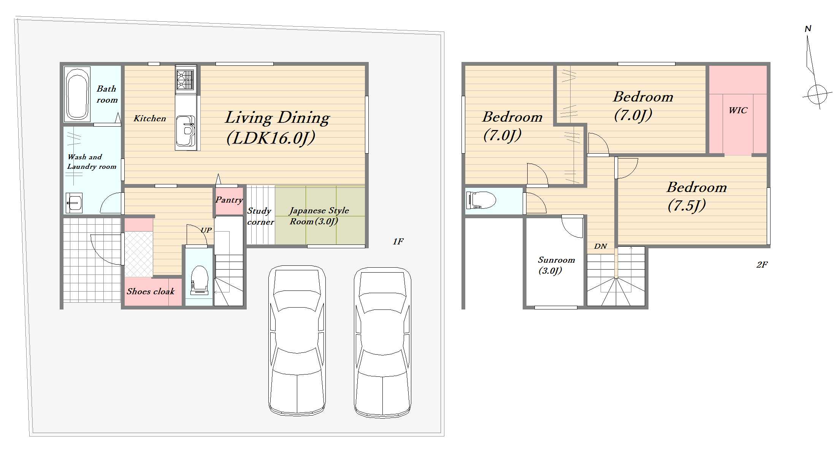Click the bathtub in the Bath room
(x=77, y=94)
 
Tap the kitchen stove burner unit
(x=186, y=79)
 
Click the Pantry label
(x=229, y=200)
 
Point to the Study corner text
(x=260, y=216)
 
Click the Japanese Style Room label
(x=319, y=216)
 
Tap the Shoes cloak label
(x=151, y=292)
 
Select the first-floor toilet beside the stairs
(x=199, y=281)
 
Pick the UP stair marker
(x=206, y=230)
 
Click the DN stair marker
(x=601, y=246)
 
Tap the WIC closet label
(x=738, y=111)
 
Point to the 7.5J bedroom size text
(x=687, y=206)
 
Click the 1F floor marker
(x=398, y=241)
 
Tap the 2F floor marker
(x=762, y=265)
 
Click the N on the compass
(x=808, y=29)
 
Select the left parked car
(x=297, y=341)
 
